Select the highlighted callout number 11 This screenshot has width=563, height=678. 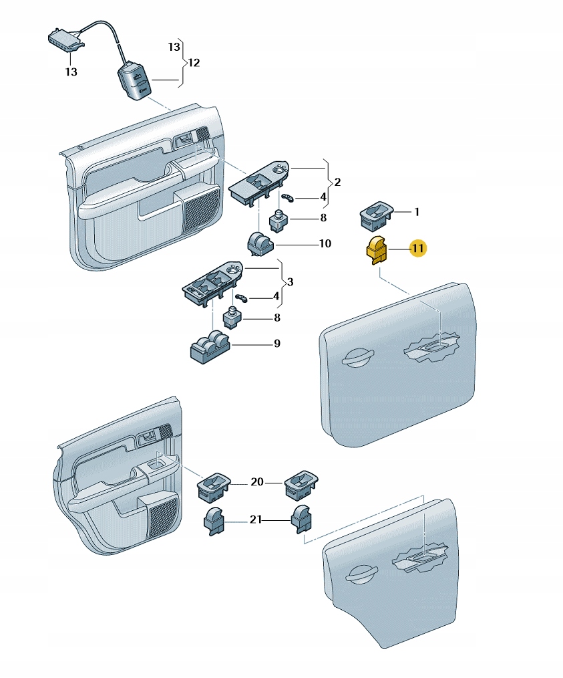[x=417, y=249]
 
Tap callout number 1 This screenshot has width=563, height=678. [x=417, y=213]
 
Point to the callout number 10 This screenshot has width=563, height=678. [x=325, y=244]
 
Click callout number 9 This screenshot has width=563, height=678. [x=276, y=344]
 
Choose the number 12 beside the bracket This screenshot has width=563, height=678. [x=194, y=63]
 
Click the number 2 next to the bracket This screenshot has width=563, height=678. [x=338, y=182]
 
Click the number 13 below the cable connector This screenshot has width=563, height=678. [x=71, y=72]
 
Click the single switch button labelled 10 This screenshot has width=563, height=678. [x=259, y=243]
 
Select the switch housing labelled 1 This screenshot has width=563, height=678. [x=376, y=215]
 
